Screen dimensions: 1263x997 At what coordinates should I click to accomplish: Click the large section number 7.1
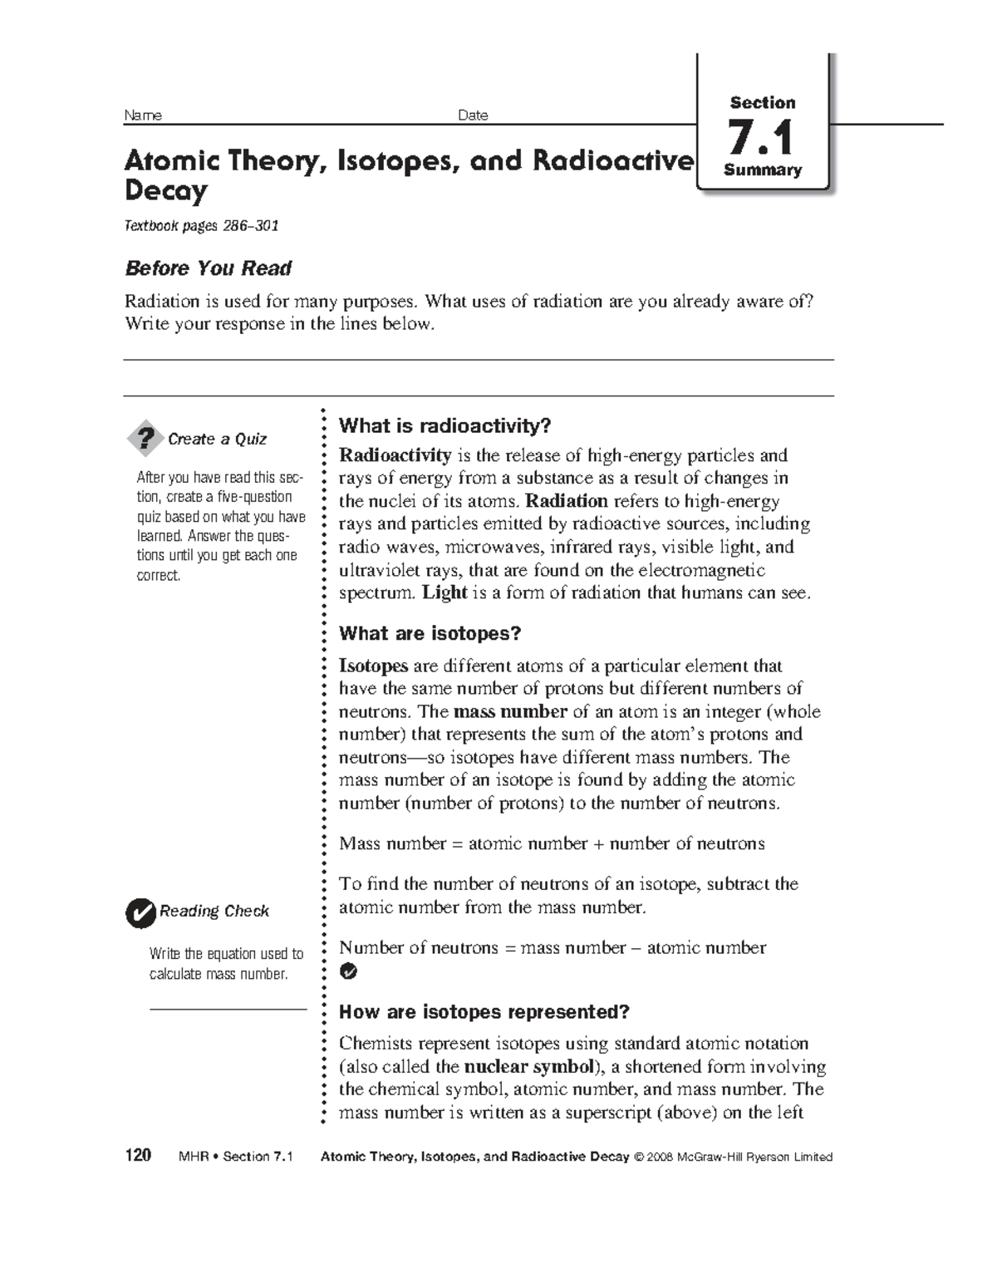[x=760, y=137]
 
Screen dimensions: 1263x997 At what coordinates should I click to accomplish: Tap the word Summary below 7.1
[x=762, y=170]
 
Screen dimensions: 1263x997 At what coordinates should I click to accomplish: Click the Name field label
[x=142, y=115]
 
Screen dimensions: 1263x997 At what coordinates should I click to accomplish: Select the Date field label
[x=473, y=115]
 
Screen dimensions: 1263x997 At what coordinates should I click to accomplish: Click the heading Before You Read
[x=208, y=268]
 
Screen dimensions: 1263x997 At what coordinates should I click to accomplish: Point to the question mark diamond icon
[x=145, y=438]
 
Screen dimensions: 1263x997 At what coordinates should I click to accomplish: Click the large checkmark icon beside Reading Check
[x=140, y=912]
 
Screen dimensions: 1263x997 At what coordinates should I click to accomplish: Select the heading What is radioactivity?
[x=444, y=426]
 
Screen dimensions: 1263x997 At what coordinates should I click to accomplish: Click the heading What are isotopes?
[x=430, y=633]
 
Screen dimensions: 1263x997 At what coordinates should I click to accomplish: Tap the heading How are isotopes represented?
[x=484, y=1011]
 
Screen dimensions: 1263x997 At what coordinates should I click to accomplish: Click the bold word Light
[x=444, y=592]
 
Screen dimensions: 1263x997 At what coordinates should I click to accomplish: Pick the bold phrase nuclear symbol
[x=528, y=1066]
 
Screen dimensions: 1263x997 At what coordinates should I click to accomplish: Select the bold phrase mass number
[x=510, y=711]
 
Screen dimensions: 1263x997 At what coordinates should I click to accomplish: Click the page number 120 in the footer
[x=138, y=1156]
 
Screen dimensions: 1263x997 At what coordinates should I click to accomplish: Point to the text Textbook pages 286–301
[x=201, y=226]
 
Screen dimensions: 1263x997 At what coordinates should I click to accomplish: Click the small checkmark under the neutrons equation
[x=348, y=971]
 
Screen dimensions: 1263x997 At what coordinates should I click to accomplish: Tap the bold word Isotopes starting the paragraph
[x=373, y=666]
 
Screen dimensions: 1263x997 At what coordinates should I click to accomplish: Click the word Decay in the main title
[x=165, y=191]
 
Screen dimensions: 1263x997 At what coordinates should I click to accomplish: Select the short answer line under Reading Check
[x=228, y=1009]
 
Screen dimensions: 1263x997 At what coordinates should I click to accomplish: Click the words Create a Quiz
[x=217, y=439]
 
